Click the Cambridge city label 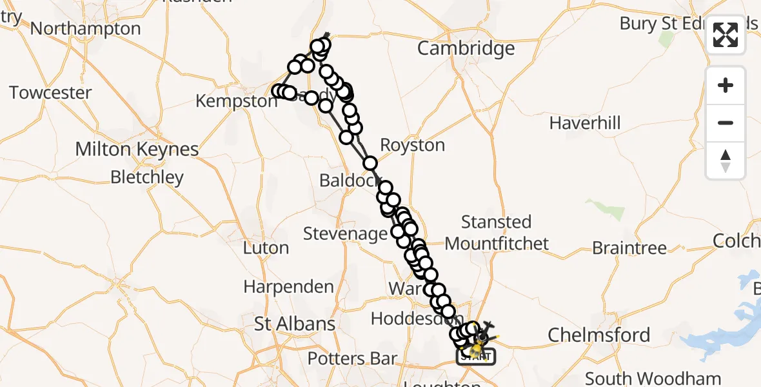click(x=466, y=48)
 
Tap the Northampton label click(x=85, y=29)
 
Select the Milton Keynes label click(x=137, y=149)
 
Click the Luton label click(x=266, y=248)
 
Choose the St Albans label click(x=295, y=323)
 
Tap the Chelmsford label click(x=598, y=335)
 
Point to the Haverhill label click(x=585, y=123)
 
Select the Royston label click(x=412, y=145)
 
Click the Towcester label click(x=50, y=93)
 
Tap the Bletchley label click(x=147, y=177)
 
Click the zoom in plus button click(x=726, y=85)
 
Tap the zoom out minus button click(x=726, y=123)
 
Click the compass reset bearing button click(x=726, y=160)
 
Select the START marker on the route click(x=476, y=355)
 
